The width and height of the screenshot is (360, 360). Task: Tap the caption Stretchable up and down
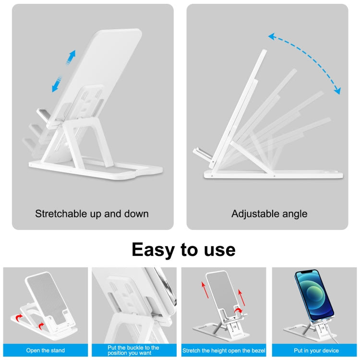pos(92,214)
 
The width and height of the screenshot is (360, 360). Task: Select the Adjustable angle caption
pos(269,214)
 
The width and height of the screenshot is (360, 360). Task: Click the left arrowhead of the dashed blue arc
pos(272,36)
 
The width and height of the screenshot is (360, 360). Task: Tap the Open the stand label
pos(46,350)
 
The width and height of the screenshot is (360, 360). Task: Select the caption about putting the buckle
pos(134,350)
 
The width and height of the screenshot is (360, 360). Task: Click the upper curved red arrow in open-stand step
pos(18,318)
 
